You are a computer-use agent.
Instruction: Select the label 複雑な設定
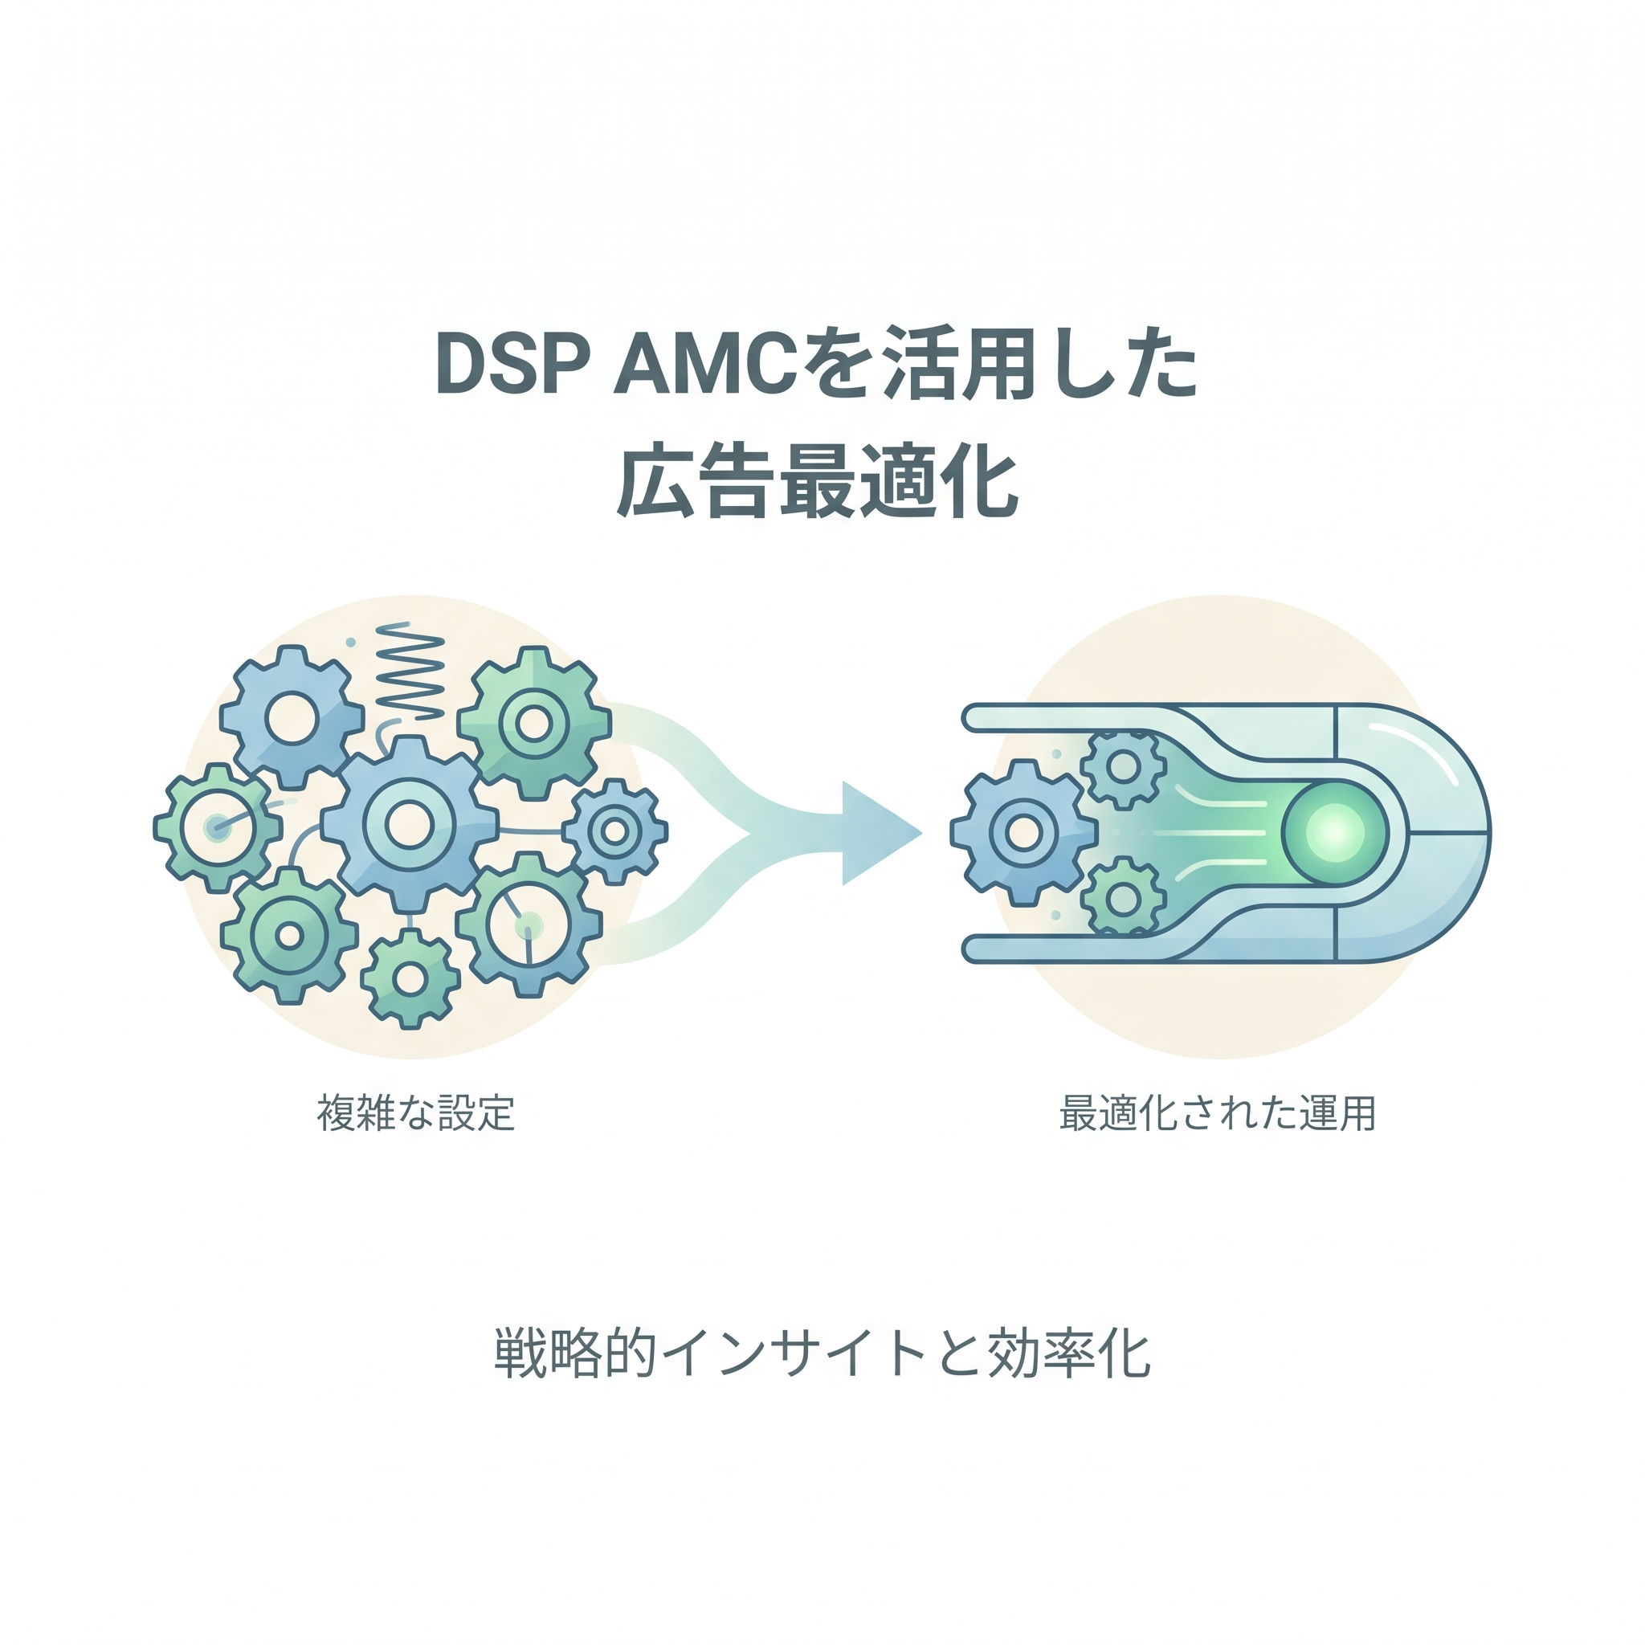(x=415, y=1112)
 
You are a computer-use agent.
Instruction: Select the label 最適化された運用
(x=1218, y=1112)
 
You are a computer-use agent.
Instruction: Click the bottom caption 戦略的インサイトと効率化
(x=822, y=1353)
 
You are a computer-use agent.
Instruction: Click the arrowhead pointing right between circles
(x=877, y=833)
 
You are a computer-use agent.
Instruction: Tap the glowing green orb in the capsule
(x=1334, y=833)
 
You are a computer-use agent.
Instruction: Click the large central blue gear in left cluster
(x=410, y=823)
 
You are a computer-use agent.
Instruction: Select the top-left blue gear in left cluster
(x=292, y=717)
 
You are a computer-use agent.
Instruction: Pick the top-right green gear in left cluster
(x=534, y=724)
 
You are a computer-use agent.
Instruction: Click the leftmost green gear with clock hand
(x=217, y=827)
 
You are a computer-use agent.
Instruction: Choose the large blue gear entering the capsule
(x=1023, y=833)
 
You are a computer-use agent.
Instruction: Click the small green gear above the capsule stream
(x=1123, y=766)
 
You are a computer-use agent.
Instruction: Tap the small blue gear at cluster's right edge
(x=614, y=831)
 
